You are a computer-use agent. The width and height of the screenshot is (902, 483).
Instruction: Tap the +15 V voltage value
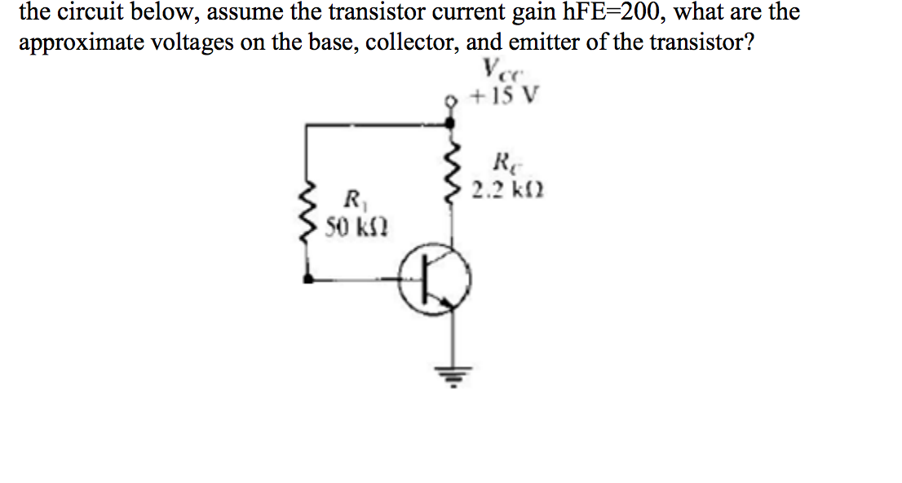coord(506,98)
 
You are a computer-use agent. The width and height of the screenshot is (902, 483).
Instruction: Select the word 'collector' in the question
coord(411,42)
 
